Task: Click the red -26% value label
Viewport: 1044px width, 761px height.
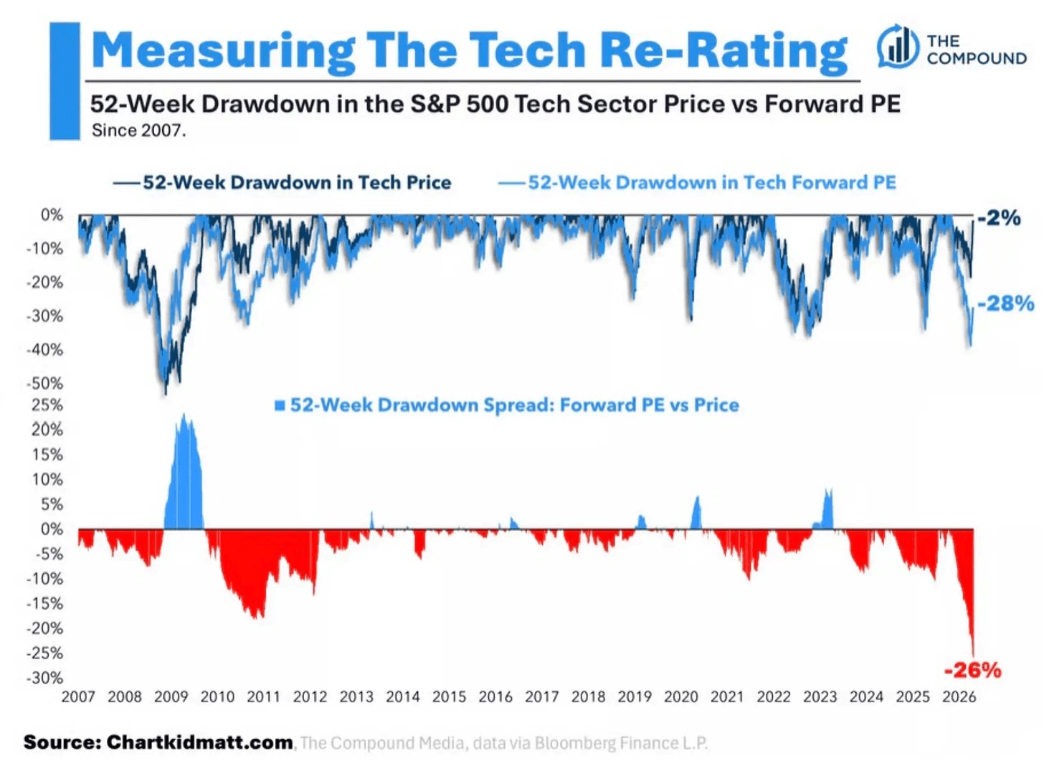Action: pos(972,671)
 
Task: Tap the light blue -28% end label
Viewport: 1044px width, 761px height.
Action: pos(1005,303)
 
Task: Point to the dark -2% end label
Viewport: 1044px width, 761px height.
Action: pos(999,217)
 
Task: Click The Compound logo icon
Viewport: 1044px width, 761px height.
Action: pos(897,47)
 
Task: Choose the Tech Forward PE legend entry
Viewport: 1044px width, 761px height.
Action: pos(697,183)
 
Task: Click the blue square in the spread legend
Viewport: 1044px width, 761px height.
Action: pos(280,406)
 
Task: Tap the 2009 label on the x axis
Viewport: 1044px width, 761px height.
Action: pos(171,696)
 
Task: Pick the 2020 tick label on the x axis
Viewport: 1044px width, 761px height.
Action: pos(680,696)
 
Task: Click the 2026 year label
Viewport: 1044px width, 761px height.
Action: pos(959,696)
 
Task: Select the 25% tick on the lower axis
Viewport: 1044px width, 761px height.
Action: pos(47,405)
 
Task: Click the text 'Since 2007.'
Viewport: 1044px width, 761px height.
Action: pos(138,131)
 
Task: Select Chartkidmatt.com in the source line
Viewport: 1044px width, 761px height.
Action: pos(199,742)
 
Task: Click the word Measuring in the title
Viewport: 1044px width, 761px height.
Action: pos(222,50)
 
